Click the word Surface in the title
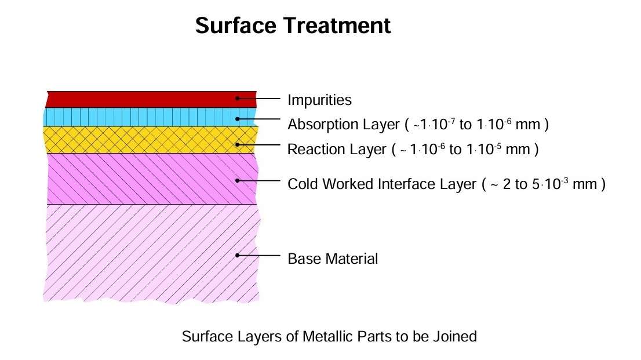click(236, 26)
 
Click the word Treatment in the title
click(337, 26)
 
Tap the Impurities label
click(319, 100)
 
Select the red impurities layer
click(151, 99)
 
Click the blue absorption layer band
click(151, 117)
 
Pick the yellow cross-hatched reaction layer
click(151, 140)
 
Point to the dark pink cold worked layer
click(152, 179)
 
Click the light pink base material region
click(151, 254)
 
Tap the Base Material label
click(333, 259)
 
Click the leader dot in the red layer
click(237, 98)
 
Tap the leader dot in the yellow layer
click(237, 145)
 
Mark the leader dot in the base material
click(237, 255)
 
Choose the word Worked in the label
click(348, 184)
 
